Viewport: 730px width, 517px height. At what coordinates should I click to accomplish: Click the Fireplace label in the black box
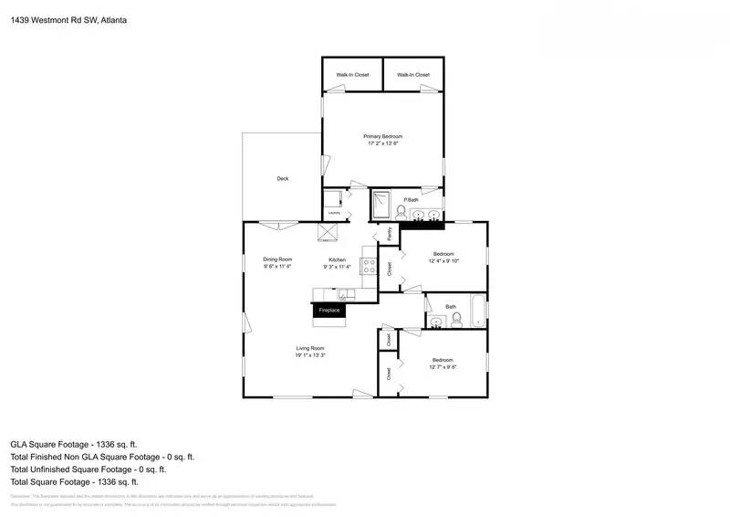coord(328,311)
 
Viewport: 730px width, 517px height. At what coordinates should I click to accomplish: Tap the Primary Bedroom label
coord(383,136)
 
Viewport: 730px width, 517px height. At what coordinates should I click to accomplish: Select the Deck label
coord(283,178)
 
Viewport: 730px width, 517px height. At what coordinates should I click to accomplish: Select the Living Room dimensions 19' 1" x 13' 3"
coord(310,355)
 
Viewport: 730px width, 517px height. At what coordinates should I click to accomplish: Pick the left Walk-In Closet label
coord(352,75)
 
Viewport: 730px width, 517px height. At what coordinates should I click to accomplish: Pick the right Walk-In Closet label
coord(412,75)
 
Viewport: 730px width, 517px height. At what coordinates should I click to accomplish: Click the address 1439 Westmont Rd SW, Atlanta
coord(68,18)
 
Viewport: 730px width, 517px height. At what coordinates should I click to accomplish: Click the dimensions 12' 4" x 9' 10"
coord(443,260)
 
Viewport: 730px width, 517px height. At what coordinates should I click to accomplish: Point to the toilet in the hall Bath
coord(456,319)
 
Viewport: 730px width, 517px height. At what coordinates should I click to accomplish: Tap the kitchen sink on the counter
coord(345,293)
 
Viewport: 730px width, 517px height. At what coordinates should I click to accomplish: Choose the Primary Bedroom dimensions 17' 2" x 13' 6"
coord(383,143)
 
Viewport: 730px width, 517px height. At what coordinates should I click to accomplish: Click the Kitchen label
coord(338,259)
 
